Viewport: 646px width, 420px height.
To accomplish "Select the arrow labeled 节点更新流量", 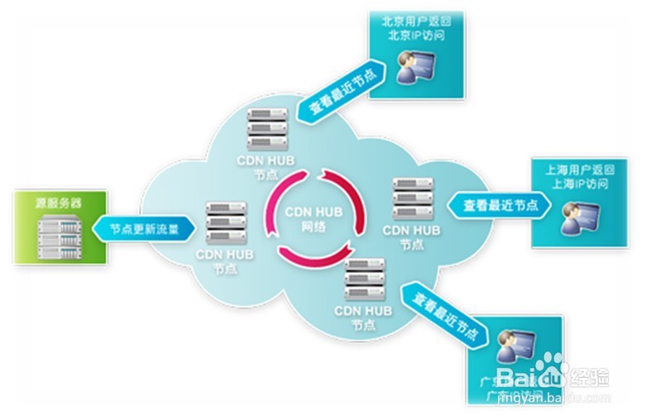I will tap(143, 228).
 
